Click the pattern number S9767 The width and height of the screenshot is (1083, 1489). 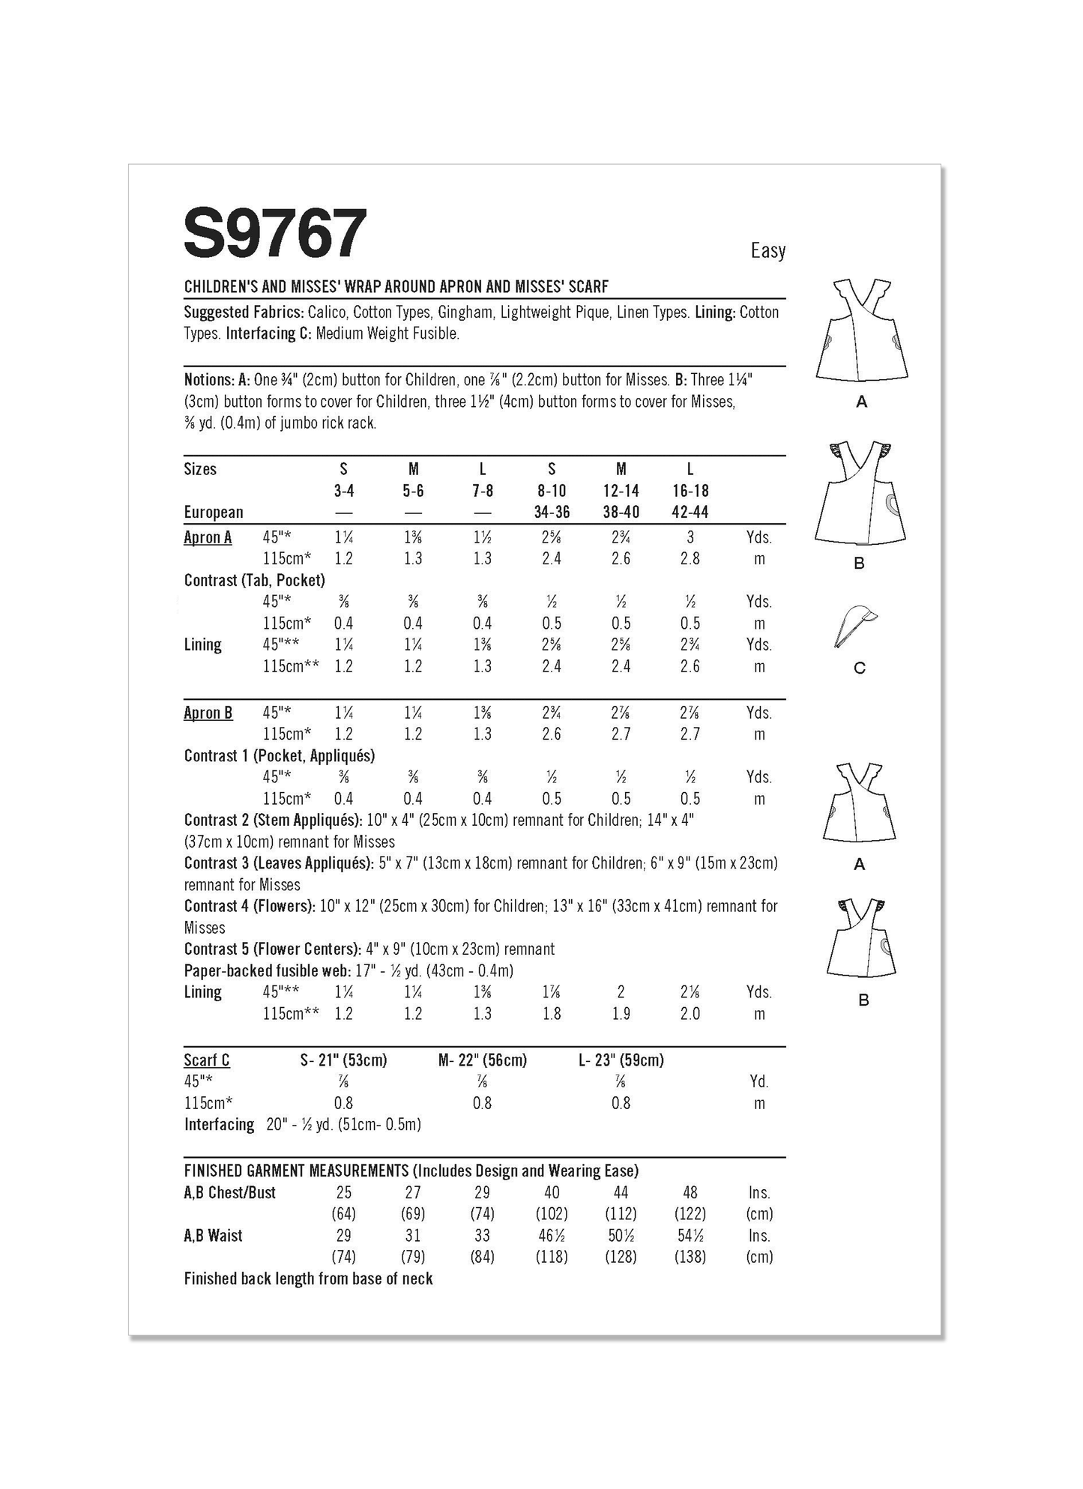275,234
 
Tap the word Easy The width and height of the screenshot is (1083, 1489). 767,250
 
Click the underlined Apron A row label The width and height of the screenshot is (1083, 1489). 208,537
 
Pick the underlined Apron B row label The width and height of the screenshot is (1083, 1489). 208,713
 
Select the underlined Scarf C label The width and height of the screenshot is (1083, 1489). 207,1060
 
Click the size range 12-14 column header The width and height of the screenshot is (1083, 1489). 621,491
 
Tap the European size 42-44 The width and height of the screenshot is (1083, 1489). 690,513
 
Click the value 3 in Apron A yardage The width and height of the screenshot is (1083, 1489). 690,537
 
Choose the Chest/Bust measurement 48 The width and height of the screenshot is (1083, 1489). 690,1192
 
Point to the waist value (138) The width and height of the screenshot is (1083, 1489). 690,1257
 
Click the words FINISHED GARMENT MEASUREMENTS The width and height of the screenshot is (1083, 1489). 296,1171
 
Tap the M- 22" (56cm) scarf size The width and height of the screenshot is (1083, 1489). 482,1060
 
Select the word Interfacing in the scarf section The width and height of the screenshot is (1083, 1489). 220,1124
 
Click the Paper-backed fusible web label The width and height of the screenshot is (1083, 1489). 266,970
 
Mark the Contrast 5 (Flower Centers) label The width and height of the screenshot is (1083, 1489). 272,949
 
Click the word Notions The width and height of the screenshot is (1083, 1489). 208,380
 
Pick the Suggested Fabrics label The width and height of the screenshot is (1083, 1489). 244,312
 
